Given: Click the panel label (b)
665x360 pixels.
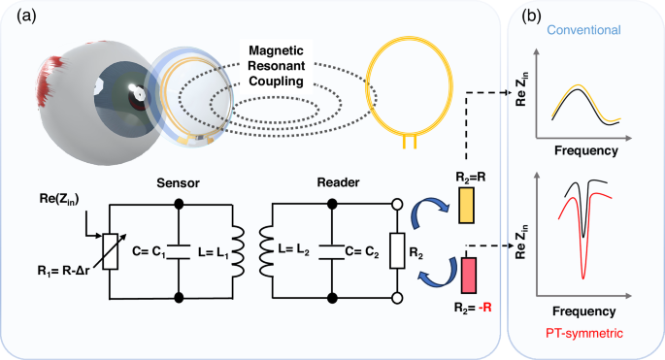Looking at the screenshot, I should pos(532,15).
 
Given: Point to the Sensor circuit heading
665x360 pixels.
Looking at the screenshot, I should pos(176,182).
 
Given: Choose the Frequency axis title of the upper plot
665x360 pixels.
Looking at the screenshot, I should pos(582,152).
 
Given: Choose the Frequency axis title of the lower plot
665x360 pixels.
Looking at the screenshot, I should pos(582,312).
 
